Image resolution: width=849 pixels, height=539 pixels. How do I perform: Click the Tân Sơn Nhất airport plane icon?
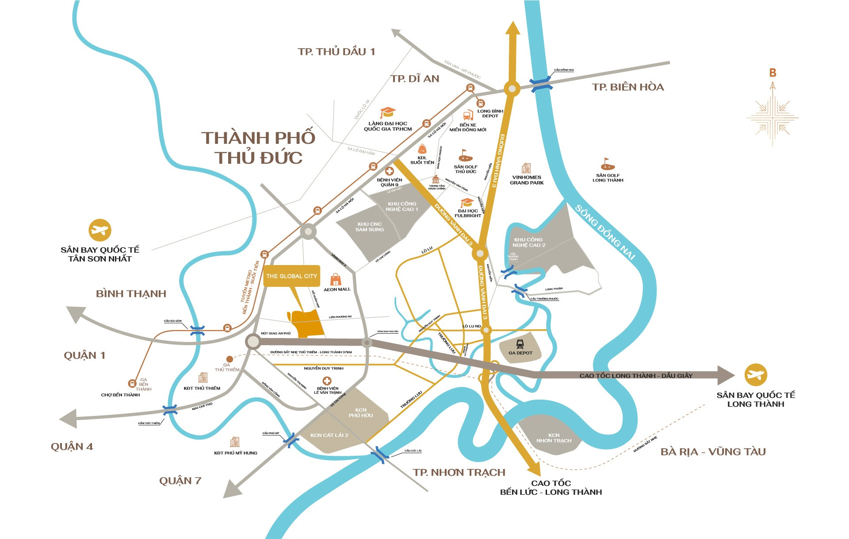[x=100, y=230]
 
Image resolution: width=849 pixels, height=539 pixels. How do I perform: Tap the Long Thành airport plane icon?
[x=755, y=375]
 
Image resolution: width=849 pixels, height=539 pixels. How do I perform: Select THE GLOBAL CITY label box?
[x=291, y=276]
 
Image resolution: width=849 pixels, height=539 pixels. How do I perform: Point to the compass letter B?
[x=773, y=73]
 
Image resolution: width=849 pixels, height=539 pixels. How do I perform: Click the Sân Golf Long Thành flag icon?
[x=608, y=165]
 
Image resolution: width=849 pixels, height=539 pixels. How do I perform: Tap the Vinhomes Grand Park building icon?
[x=526, y=168]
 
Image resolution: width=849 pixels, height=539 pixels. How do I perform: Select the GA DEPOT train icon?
[x=520, y=344]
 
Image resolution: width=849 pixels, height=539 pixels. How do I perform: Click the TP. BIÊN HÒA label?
[x=627, y=87]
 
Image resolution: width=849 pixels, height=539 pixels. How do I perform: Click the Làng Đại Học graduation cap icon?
[x=388, y=112]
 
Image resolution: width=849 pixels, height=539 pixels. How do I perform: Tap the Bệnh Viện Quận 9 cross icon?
[x=390, y=171]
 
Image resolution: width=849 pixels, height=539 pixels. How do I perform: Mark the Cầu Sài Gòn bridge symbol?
[x=197, y=330]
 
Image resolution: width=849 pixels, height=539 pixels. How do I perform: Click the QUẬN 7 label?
[x=180, y=481]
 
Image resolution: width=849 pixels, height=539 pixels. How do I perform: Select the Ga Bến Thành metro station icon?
[x=132, y=383]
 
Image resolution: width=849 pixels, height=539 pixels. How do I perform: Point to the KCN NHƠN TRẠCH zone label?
[x=554, y=438]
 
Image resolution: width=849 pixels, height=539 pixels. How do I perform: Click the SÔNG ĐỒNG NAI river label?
[x=604, y=233]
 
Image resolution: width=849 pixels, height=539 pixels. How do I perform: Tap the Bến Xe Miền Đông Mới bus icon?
[x=468, y=116]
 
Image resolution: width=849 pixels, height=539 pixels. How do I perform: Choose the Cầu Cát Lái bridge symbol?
[x=380, y=455]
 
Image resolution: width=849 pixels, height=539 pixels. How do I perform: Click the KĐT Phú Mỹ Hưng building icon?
[x=235, y=442]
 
